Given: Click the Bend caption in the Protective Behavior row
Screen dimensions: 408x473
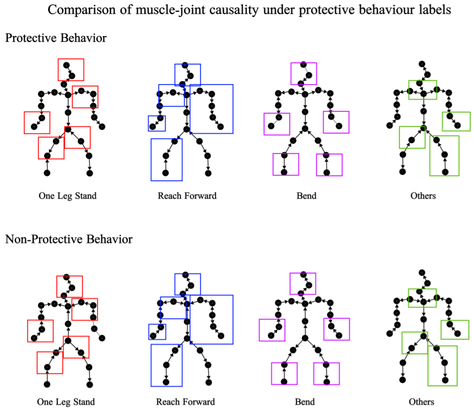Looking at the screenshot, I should [x=306, y=196].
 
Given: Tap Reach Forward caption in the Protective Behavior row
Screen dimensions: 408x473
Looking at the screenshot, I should [x=187, y=196].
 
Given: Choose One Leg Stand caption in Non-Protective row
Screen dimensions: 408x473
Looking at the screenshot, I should [x=66, y=402].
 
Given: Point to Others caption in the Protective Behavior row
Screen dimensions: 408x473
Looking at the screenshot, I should [x=423, y=196].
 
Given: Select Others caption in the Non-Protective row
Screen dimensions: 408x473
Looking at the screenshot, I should [x=421, y=402].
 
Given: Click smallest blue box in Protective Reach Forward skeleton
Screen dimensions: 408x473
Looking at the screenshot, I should [x=157, y=123].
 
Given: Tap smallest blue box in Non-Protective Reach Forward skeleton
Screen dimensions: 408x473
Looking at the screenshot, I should [x=157, y=332].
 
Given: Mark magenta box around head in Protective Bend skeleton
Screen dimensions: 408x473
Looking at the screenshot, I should [x=303, y=73].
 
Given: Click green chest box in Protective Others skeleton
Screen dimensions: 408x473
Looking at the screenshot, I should [x=422, y=90].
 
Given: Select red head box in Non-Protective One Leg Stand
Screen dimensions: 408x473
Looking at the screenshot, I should [x=69, y=286].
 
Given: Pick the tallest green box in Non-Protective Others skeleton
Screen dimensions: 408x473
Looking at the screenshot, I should [x=442, y=366].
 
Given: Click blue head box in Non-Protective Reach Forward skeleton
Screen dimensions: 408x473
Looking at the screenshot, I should [x=187, y=284].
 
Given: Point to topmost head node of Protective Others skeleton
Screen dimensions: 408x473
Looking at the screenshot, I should [x=422, y=64].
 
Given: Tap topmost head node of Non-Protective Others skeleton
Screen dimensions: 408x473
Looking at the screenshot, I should [x=422, y=272].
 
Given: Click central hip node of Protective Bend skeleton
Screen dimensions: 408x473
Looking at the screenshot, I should [x=305, y=128].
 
